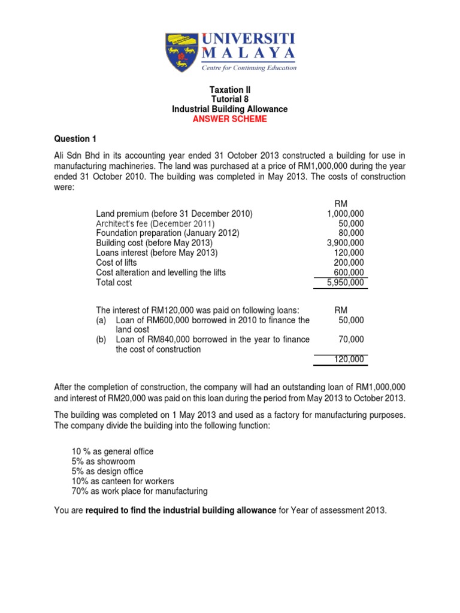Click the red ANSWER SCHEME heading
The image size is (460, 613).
click(229, 119)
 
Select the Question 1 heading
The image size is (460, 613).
click(75, 139)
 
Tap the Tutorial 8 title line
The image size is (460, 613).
click(229, 99)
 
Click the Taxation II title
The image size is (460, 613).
click(229, 90)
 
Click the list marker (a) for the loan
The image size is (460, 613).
click(102, 320)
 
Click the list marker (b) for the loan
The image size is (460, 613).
click(102, 339)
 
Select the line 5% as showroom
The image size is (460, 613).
click(103, 462)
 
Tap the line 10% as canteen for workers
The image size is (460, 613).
click(122, 481)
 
